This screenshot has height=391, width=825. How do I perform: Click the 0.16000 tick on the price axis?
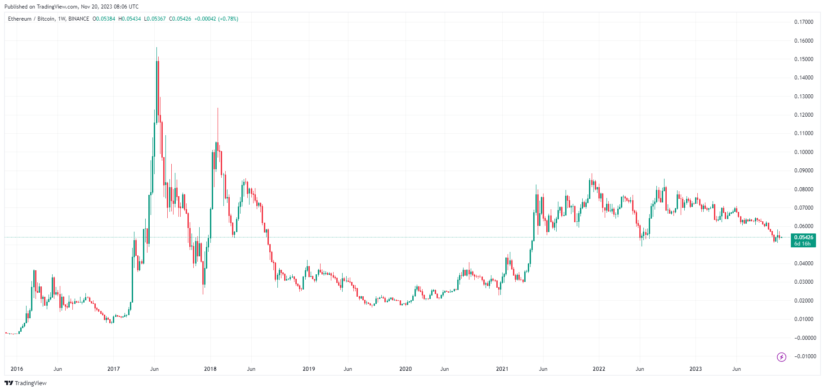[803, 41]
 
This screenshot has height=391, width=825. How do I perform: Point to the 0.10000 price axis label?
[803, 152]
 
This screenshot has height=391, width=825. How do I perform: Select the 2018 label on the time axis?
[210, 369]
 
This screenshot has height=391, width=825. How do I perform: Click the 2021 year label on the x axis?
[502, 369]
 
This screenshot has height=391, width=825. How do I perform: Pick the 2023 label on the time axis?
[696, 369]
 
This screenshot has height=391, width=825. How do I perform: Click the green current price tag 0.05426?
[803, 237]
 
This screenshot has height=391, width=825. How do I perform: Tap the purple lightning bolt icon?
[782, 357]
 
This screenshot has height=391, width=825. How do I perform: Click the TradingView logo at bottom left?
[26, 383]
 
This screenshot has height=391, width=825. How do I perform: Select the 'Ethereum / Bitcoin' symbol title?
[31, 19]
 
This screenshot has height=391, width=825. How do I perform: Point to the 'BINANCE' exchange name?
[79, 19]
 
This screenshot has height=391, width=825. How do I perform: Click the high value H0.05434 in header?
[129, 19]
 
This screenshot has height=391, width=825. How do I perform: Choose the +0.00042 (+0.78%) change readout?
[216, 19]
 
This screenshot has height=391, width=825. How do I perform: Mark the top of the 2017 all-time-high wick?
[156, 48]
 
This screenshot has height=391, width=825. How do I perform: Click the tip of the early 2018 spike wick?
[218, 108]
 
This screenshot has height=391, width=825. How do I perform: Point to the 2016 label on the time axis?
[17, 369]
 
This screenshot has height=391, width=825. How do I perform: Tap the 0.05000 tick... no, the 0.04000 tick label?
[803, 264]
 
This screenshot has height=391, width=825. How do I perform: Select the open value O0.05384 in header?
[104, 19]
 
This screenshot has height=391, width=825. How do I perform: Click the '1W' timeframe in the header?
[62, 19]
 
